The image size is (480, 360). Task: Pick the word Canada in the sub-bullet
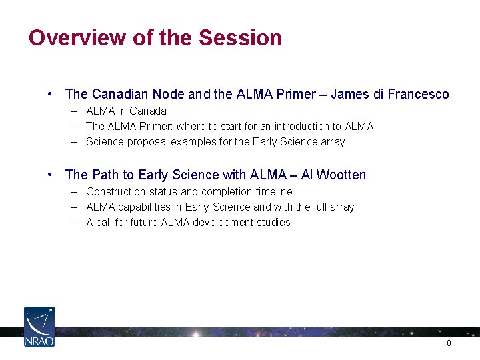pos(147,111)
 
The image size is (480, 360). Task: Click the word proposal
pos(148,141)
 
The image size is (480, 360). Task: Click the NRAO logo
pos(39,327)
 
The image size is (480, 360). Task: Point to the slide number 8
pos(449,343)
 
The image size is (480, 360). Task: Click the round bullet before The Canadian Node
pos(51,94)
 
